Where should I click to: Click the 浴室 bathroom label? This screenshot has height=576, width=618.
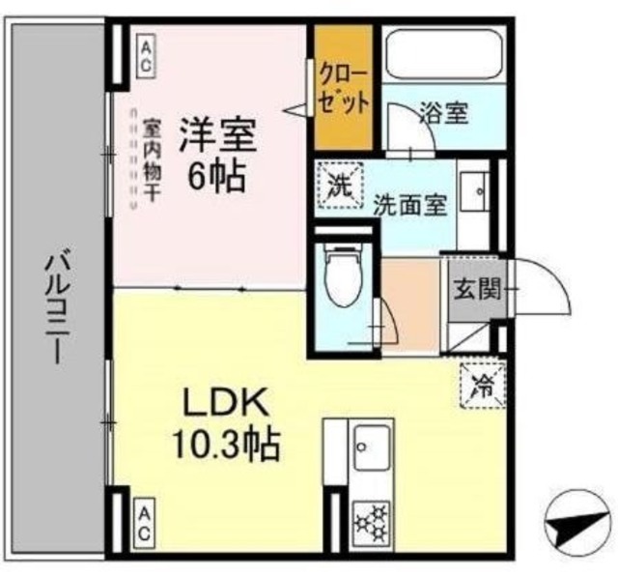coord(444,113)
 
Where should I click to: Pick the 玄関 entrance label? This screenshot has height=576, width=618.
coord(474,287)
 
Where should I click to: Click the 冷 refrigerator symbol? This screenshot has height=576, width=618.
coord(479,385)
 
